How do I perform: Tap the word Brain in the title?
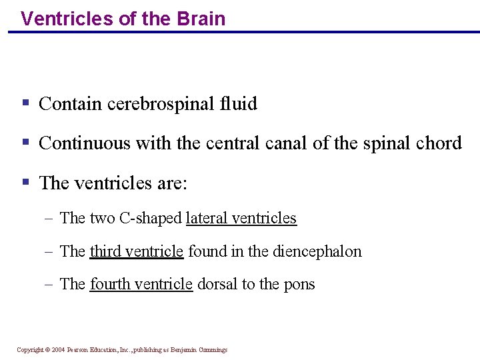click(201, 19)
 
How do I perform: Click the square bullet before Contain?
click(25, 103)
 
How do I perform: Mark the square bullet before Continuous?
click(25, 143)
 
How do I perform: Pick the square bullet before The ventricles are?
click(25, 182)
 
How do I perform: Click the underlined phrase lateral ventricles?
click(241, 218)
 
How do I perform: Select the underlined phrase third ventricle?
click(137, 251)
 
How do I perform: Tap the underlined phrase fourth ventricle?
click(141, 284)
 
